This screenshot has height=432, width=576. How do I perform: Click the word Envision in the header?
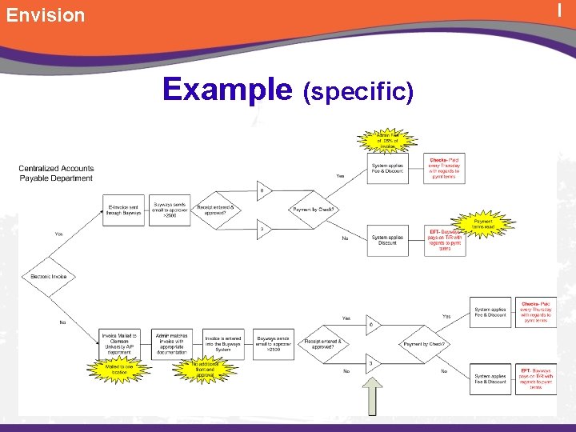click(x=46, y=15)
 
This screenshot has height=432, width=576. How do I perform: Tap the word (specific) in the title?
click(x=359, y=92)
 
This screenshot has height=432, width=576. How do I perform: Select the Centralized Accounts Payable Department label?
click(x=56, y=173)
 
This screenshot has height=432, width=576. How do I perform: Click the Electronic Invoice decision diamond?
click(x=50, y=277)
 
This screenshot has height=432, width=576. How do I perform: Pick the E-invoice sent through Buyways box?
click(x=124, y=210)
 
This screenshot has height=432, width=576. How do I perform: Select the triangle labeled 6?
click(x=370, y=325)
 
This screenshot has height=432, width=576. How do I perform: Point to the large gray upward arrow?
click(x=371, y=394)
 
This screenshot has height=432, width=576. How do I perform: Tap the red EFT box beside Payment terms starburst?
click(x=445, y=240)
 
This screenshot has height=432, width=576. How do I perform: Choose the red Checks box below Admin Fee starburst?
click(x=444, y=169)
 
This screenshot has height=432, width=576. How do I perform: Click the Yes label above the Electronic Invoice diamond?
click(x=58, y=234)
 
